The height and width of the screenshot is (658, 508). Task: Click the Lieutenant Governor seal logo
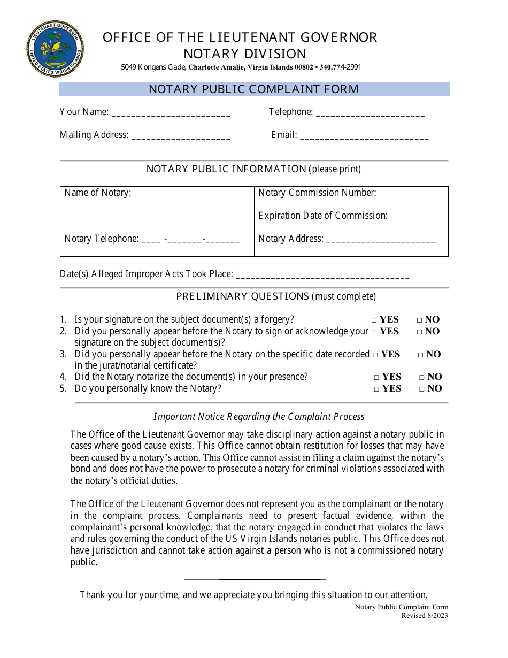(x=55, y=49)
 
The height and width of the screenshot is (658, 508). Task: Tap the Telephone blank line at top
(x=371, y=114)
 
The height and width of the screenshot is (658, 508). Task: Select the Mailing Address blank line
(x=181, y=137)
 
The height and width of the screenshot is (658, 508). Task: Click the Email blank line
(x=364, y=137)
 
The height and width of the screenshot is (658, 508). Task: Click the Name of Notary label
(x=98, y=193)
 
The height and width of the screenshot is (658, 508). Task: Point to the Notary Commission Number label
(x=317, y=193)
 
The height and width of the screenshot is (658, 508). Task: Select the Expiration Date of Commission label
(x=323, y=216)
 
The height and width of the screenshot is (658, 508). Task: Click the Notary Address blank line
(x=380, y=241)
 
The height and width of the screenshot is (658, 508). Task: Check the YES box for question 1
(x=374, y=320)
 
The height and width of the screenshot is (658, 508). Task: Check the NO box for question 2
(x=420, y=332)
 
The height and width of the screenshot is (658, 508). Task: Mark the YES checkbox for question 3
(x=376, y=355)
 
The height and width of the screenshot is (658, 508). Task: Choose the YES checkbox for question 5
(x=377, y=389)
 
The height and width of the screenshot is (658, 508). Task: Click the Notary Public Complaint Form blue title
(x=253, y=89)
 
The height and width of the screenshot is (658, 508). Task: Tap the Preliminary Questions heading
(x=242, y=296)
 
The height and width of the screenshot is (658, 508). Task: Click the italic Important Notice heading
(x=259, y=417)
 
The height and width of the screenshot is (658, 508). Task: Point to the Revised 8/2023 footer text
(x=425, y=615)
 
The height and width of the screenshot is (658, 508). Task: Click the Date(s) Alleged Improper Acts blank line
(x=322, y=277)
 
